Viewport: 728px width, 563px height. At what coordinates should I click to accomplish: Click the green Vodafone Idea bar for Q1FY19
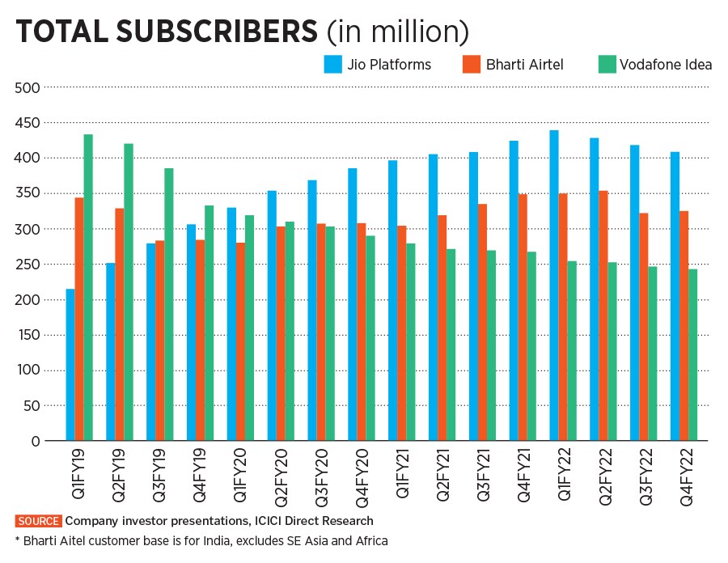[x=88, y=287]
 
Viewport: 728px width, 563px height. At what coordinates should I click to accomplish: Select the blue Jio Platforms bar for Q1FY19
[x=70, y=365]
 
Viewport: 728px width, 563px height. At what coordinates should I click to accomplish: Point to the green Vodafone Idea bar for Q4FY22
[x=693, y=355]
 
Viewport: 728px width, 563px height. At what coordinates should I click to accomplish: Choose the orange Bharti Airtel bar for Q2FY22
[x=603, y=315]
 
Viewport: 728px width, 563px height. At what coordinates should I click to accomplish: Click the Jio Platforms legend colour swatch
[x=331, y=64]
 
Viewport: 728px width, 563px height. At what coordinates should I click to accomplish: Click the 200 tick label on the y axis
[x=27, y=299]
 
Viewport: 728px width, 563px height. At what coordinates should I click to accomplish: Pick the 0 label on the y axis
[x=35, y=441]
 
